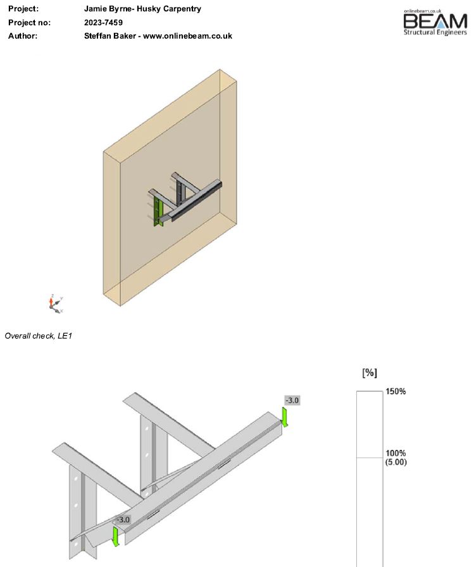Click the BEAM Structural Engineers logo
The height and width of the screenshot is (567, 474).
tap(435, 22)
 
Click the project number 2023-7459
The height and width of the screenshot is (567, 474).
tap(103, 22)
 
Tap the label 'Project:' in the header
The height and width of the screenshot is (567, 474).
tap(23, 9)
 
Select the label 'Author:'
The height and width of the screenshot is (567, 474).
tap(23, 36)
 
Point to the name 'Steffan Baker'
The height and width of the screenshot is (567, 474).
tap(110, 36)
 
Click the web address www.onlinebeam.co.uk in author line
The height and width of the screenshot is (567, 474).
tap(188, 36)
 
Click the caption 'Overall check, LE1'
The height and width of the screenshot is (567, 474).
tap(39, 336)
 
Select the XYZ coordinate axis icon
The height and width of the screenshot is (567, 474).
tap(56, 304)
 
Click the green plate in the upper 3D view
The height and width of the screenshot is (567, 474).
tap(158, 212)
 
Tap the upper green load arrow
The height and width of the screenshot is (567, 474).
tap(285, 417)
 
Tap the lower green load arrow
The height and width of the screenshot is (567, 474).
tap(116, 537)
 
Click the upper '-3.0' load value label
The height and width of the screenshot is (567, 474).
tap(292, 401)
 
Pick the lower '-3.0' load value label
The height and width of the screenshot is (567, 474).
tap(123, 520)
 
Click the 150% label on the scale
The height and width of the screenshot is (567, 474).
tap(396, 391)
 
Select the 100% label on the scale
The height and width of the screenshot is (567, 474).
tap(396, 453)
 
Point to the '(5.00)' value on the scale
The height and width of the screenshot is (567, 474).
tap(396, 462)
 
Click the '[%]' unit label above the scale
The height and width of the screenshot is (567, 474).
tap(370, 373)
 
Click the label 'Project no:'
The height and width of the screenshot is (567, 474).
tap(29, 22)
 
